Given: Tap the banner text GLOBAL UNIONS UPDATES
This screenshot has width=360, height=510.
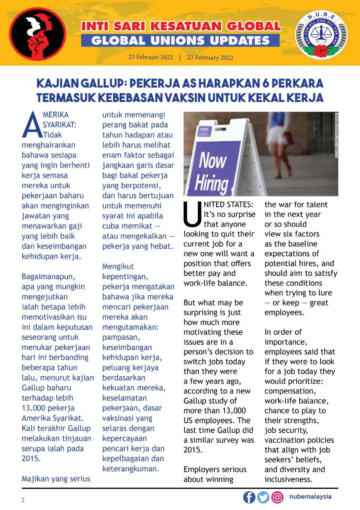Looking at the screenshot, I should [x=180, y=40].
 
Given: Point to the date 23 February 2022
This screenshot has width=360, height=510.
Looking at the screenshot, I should [x=210, y=57].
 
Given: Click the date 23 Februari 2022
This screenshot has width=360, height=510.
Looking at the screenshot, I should [x=151, y=57].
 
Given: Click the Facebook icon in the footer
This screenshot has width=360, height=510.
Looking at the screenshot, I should [x=249, y=497].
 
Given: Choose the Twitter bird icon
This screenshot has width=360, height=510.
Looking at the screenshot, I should [x=263, y=497].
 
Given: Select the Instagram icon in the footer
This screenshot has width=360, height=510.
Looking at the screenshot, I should [x=277, y=497].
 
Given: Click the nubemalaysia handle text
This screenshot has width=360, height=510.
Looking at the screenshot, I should [x=310, y=497].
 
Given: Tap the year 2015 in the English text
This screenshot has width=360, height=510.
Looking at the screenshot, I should [x=193, y=450].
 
